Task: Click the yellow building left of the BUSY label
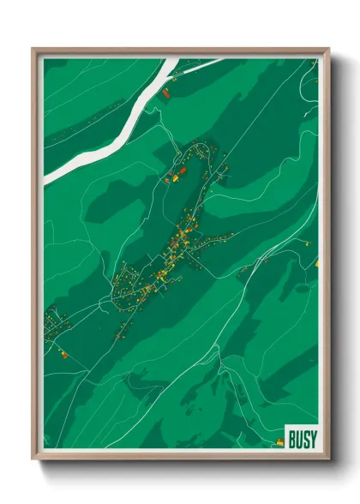[278, 442]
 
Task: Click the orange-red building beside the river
[166, 90]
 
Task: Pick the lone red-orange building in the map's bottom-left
[62, 351]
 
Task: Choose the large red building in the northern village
[182, 171]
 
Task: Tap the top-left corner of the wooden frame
[33, 49]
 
